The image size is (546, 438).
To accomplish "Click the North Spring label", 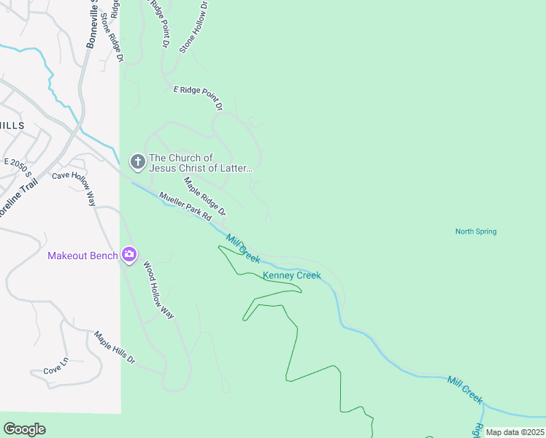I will click(x=475, y=231).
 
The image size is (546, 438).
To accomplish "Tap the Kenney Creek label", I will click(x=291, y=275).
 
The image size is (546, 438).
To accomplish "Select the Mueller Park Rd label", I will click(x=185, y=207).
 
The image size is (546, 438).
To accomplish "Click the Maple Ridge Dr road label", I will click(x=204, y=196).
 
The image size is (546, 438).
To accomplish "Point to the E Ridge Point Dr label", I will click(x=197, y=98).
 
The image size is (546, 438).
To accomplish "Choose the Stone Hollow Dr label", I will click(x=193, y=26).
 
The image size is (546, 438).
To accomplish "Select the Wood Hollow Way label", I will click(x=158, y=290).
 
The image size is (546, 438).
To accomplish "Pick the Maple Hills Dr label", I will click(x=115, y=347).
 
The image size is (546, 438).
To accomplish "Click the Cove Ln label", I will click(x=55, y=365).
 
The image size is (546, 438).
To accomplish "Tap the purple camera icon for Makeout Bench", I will click(x=129, y=254).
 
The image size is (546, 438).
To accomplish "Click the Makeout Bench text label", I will click(x=82, y=255).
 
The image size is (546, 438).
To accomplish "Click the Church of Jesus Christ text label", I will click(x=200, y=163).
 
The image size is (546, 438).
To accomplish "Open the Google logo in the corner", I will click(x=24, y=429).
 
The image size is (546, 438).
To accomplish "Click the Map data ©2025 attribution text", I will click(x=514, y=432).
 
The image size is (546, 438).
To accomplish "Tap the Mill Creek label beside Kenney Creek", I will click(x=243, y=248).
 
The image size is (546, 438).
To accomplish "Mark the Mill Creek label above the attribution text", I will click(x=464, y=390).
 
